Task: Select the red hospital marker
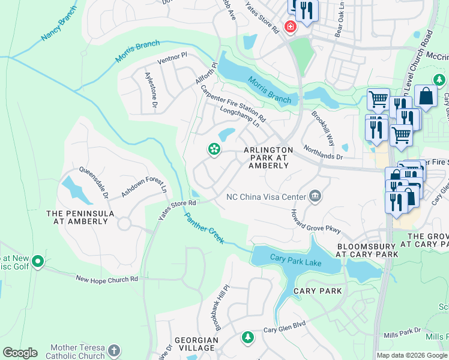pyautogui.click(x=291, y=27)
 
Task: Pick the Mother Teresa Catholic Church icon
pyautogui.click(x=115, y=350)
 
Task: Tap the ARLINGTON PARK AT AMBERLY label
pyautogui.click(x=268, y=157)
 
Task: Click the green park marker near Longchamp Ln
pyautogui.click(x=213, y=149)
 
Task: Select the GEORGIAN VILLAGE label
pyautogui.click(x=196, y=344)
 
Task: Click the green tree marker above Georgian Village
pyautogui.click(x=247, y=338)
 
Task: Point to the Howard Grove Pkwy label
pyautogui.click(x=315, y=221)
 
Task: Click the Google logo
pyautogui.click(x=20, y=353)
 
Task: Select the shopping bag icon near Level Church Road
pyautogui.click(x=426, y=95)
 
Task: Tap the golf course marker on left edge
pyautogui.click(x=38, y=261)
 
